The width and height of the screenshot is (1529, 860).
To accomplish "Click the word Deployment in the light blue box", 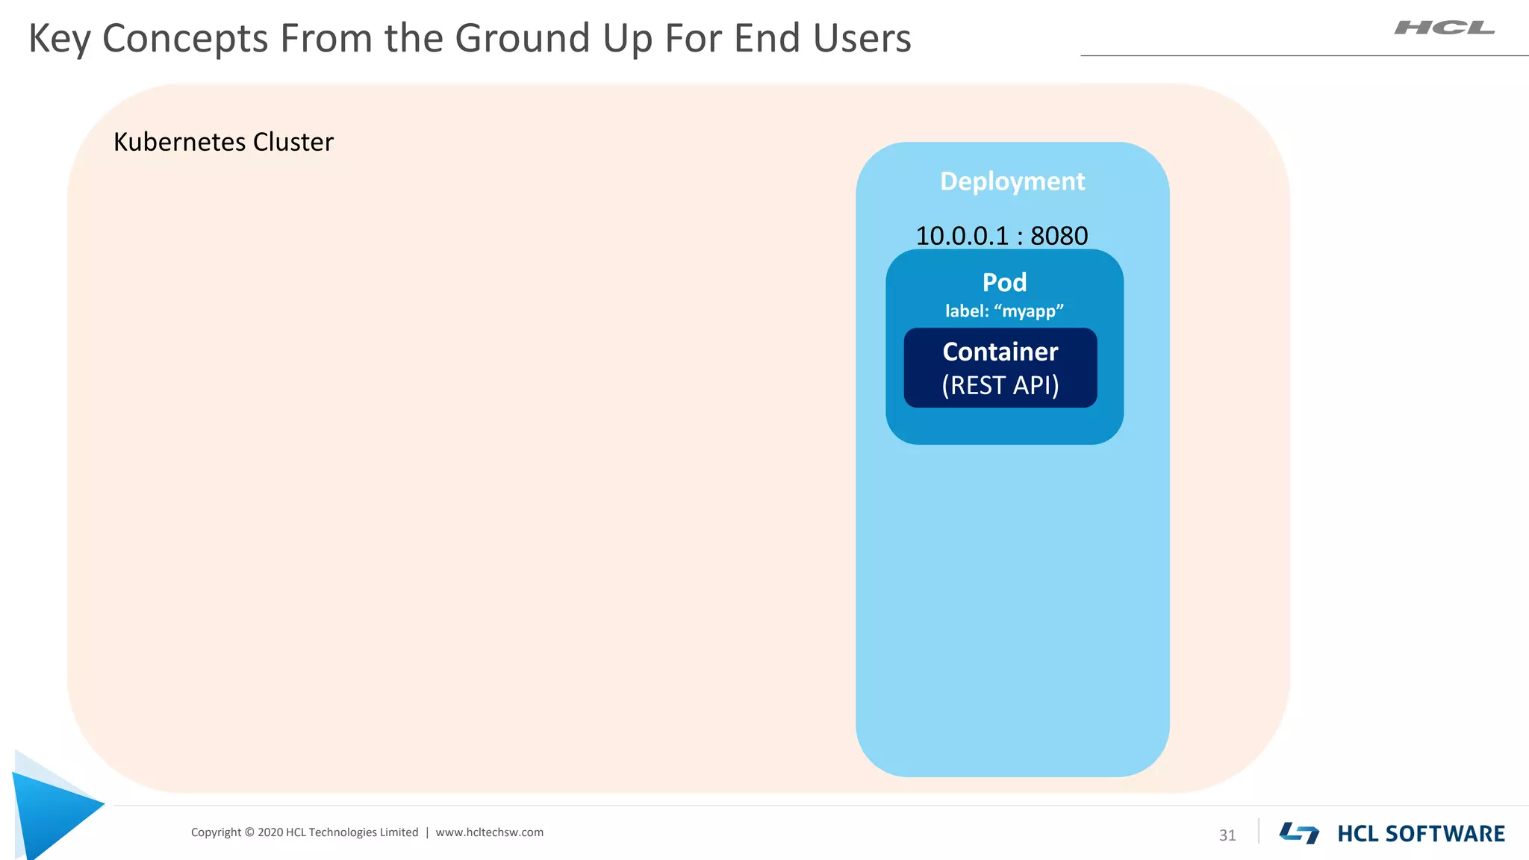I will (x=1012, y=181).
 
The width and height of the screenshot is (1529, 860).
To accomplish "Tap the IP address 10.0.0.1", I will (x=962, y=236).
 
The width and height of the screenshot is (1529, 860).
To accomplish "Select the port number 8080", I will (x=1059, y=236).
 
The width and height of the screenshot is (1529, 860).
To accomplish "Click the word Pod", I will (x=1004, y=282).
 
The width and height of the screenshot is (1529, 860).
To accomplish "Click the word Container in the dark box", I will (x=1000, y=352).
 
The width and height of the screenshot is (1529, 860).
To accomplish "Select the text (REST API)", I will (x=1000, y=385).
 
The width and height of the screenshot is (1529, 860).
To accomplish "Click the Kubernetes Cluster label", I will (x=223, y=142).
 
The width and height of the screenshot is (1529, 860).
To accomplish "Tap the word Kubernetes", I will (x=179, y=142).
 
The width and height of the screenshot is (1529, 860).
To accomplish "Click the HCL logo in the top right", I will (x=1444, y=28).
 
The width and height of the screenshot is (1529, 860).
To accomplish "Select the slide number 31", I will (x=1227, y=835).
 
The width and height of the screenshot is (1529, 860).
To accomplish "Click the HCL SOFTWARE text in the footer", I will (x=1421, y=834).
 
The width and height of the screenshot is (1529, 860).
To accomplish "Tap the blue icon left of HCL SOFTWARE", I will (x=1299, y=833).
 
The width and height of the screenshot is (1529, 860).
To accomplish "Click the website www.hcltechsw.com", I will (x=489, y=832).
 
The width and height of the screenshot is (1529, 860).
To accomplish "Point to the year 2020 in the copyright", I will (x=270, y=832).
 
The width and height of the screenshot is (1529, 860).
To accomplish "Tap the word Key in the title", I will (x=59, y=39).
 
